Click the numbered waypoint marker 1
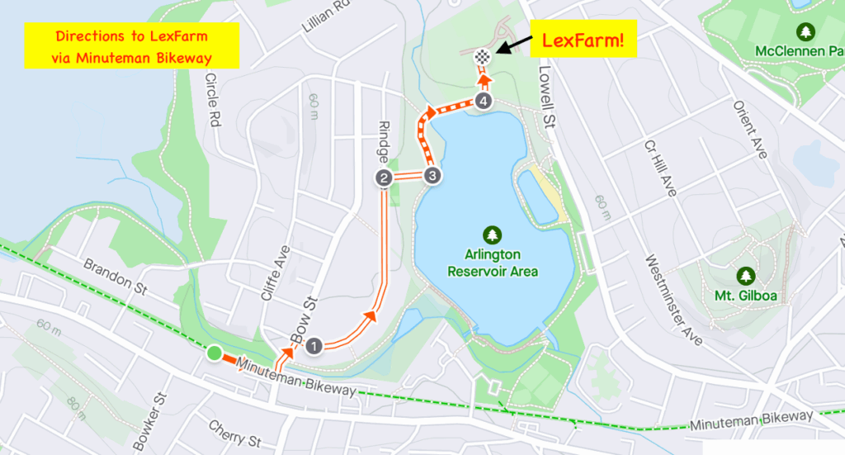pos(314,346)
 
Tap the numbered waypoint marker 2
pos(384,178)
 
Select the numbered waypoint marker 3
pos(432,176)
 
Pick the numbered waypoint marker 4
pos(484,102)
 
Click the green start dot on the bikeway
pos(215,354)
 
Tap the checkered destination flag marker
pos(484,57)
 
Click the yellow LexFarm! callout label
pos(583,39)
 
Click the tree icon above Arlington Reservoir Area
pos(493,235)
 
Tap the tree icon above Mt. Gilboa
pos(746,274)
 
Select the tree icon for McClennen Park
pos(805,31)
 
